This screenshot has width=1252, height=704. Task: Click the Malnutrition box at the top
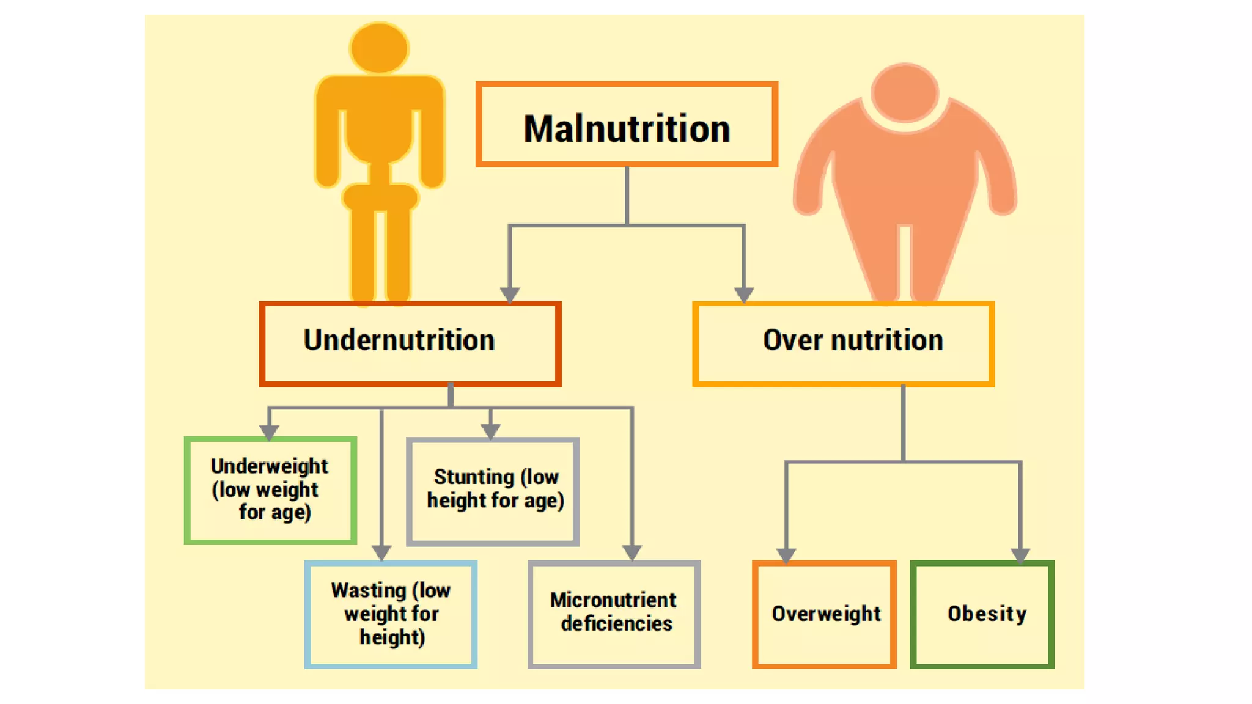coord(627,125)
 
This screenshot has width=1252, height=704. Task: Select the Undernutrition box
coord(410,343)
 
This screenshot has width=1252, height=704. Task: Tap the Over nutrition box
coord(843,343)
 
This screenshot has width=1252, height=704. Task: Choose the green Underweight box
coord(270,490)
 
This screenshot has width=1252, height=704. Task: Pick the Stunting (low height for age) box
coord(493,491)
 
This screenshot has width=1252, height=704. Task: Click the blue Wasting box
coord(391,614)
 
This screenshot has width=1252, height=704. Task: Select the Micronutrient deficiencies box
coord(614,614)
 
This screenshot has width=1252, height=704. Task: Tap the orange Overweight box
coord(824,614)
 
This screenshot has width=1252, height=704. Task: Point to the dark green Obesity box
coord(982,614)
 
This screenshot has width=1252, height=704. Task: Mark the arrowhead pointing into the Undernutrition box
coord(510,295)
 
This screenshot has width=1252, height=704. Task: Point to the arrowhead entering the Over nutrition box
coord(743,295)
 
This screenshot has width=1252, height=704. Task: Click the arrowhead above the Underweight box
coord(269,431)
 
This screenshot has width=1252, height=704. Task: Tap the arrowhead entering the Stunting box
coord(490,431)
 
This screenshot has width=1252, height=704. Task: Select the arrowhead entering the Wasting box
coord(381,552)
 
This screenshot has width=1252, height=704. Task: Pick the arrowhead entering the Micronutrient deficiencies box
coord(632,552)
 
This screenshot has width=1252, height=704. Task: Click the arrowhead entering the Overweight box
coord(786,555)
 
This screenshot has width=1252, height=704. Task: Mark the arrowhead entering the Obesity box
coord(1020,555)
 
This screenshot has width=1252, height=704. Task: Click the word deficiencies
coord(616,624)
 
